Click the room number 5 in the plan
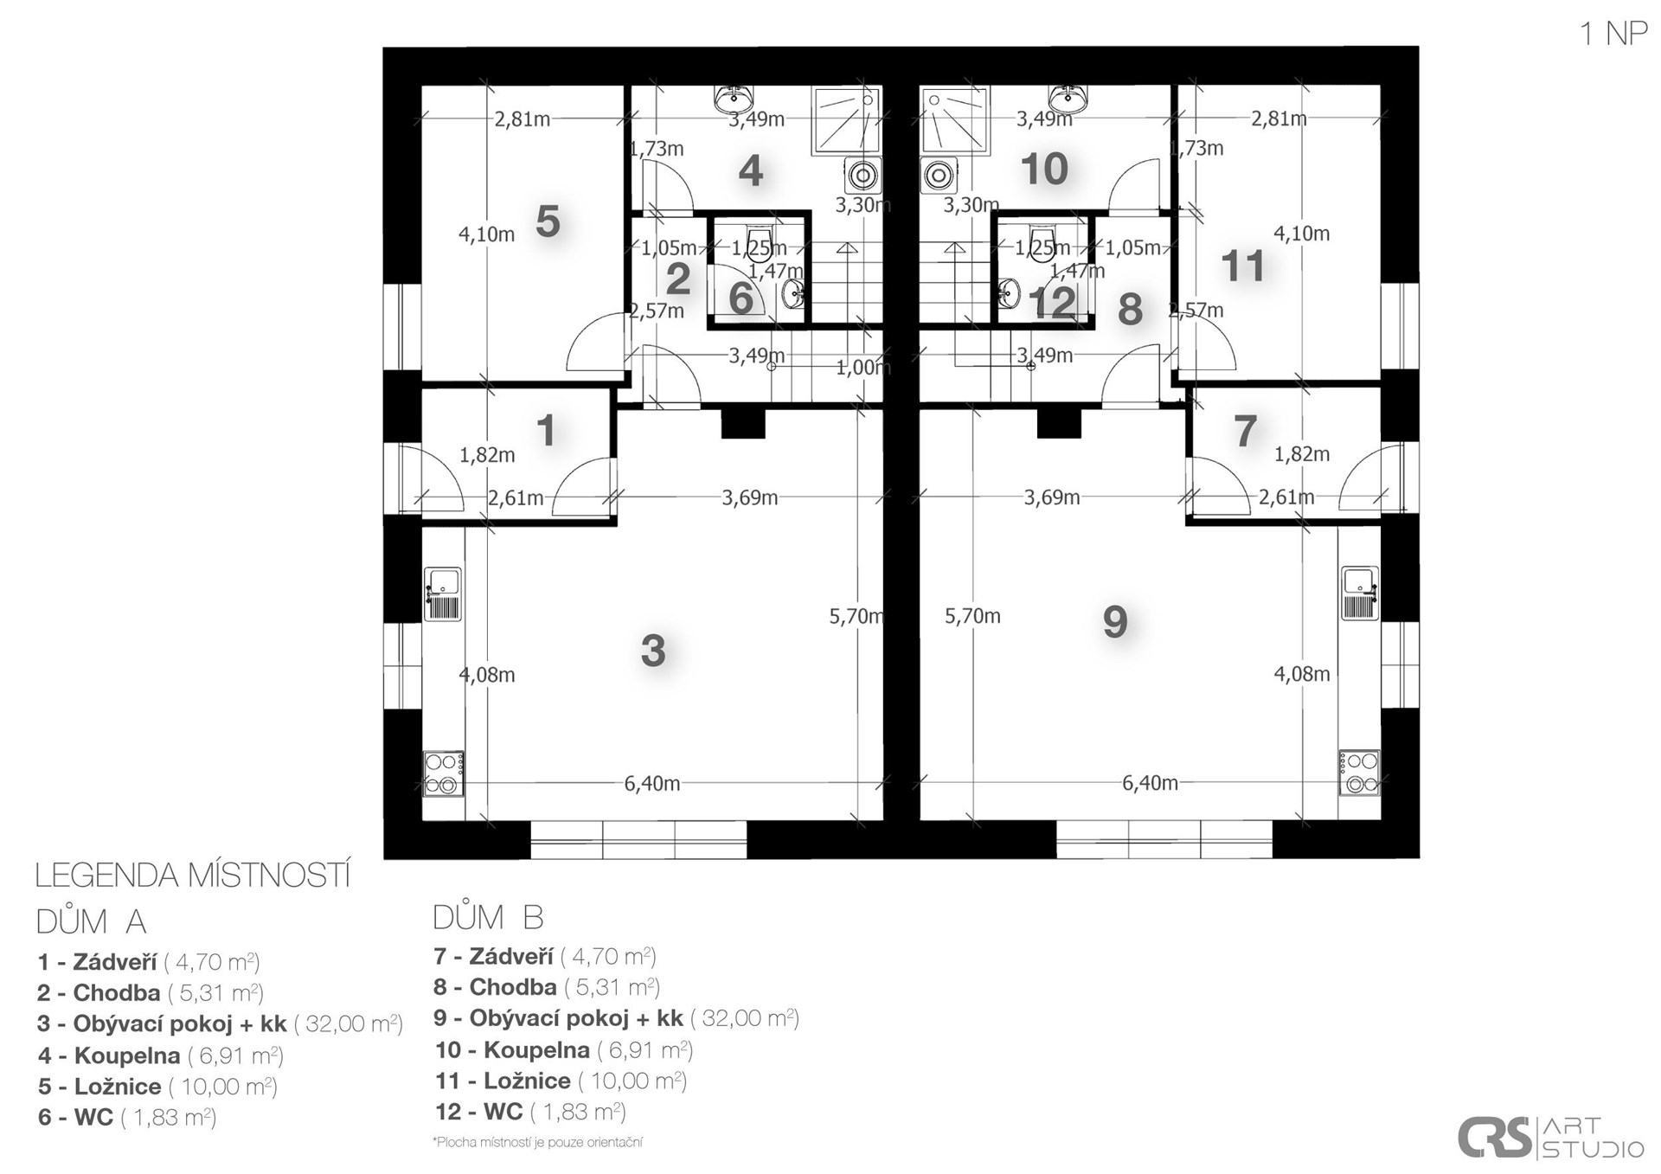coord(548,221)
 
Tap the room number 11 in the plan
coord(1242,266)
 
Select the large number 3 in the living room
coord(653,651)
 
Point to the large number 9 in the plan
coord(1115,621)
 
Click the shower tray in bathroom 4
coord(847,120)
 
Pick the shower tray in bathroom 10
coord(954,120)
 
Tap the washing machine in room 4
coord(863,176)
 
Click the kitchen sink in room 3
coord(443,594)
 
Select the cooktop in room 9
coord(1359,773)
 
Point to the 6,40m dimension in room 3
coord(652,784)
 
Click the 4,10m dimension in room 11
coord(1302,234)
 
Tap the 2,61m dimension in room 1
coord(516,498)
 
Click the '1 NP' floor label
coord(1613,34)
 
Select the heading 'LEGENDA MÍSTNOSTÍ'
coord(193,876)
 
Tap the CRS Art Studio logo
coord(1550,1137)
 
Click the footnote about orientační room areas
coord(537,1143)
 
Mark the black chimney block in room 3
coord(743,424)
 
